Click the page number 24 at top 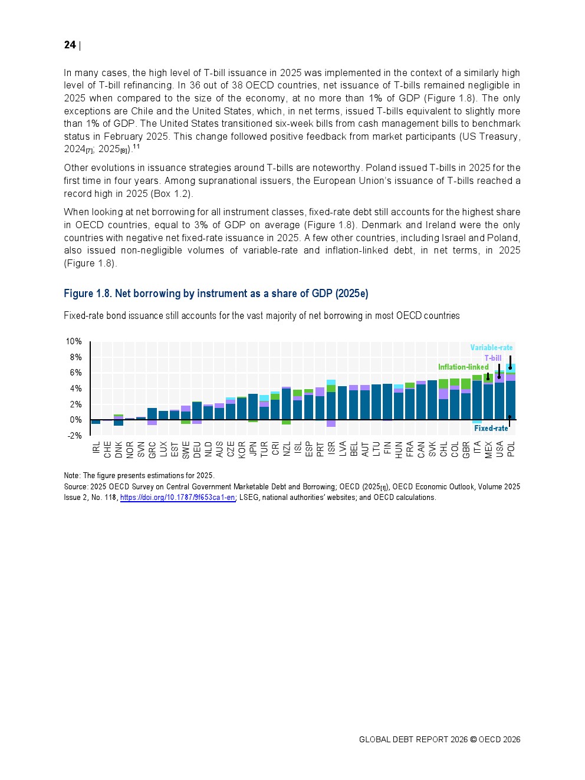pyautogui.click(x=70, y=45)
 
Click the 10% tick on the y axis pyautogui.click(x=74, y=342)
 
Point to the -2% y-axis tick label pyautogui.click(x=74, y=436)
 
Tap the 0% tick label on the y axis pyautogui.click(x=75, y=420)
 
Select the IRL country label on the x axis pyautogui.click(x=96, y=449)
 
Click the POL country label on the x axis pyautogui.click(x=511, y=449)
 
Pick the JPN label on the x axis pyautogui.click(x=253, y=449)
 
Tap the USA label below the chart pyautogui.click(x=500, y=449)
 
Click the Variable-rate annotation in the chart pyautogui.click(x=491, y=348)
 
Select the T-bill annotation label pyautogui.click(x=493, y=358)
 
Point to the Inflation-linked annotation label pyautogui.click(x=463, y=367)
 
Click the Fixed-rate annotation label pyautogui.click(x=491, y=429)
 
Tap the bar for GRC pyautogui.click(x=152, y=413)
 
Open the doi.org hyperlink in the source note pyautogui.click(x=178, y=498)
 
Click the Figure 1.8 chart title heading pyautogui.click(x=216, y=294)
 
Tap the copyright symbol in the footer pyautogui.click(x=473, y=740)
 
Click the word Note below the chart pyautogui.click(x=71, y=476)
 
